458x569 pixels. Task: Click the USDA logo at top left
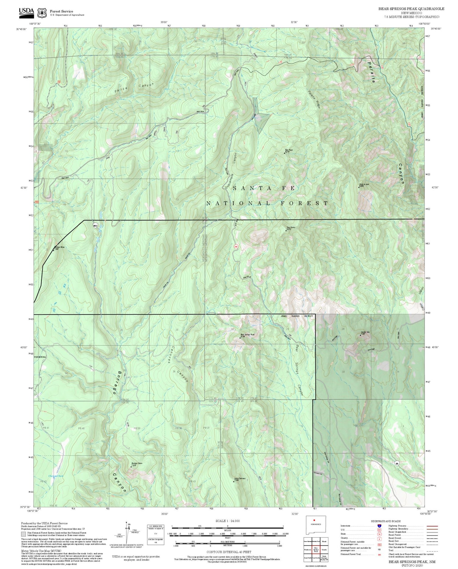[x=27, y=12]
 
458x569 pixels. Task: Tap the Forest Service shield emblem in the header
[x=42, y=13]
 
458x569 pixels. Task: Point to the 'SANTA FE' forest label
[x=264, y=189]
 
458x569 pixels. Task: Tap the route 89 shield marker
[x=396, y=463]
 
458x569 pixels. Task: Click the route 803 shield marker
[x=96, y=225]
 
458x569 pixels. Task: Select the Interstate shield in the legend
[x=379, y=526]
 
